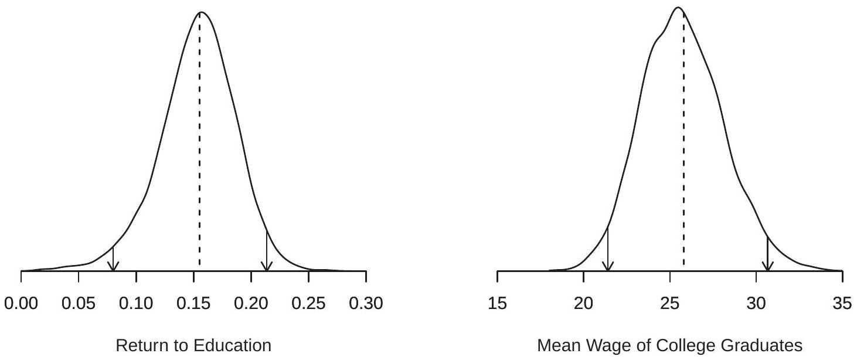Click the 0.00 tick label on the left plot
tap(21, 304)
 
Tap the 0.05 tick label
tap(79, 304)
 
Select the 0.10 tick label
tap(136, 304)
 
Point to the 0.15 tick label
tap(193, 304)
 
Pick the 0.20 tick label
tap(251, 304)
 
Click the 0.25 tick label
tap(308, 304)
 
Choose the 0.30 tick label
tap(366, 304)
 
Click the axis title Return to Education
tap(193, 346)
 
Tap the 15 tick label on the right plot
tap(498, 304)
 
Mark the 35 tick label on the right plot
tap(842, 304)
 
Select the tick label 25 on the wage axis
tap(670, 304)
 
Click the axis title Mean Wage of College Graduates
tap(669, 346)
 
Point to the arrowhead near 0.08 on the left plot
tap(113, 267)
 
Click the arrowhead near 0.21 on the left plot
tap(267, 267)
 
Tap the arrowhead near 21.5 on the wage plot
tap(608, 267)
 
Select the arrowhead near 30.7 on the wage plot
tap(767, 267)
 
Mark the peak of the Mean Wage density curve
tap(678, 8)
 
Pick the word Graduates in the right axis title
tap(773, 346)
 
